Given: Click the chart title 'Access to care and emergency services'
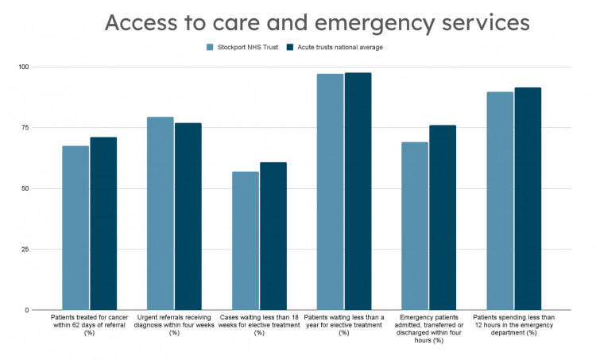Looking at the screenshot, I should pos(317,22).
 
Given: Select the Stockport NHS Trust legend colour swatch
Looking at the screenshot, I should pos(211,48).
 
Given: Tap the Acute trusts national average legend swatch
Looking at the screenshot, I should pos(291,48).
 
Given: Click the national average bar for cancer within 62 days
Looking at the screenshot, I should pos(103,223).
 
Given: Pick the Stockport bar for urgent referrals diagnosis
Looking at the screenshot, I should pos(161,214).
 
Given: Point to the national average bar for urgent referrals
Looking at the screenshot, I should pos(188,216).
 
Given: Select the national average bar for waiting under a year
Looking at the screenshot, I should pos(358,192).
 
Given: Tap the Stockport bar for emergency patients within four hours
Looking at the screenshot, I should pos(415,226).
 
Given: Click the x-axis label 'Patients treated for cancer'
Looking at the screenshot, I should pos(89,325).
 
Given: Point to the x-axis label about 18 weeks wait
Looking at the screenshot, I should pos(259,325).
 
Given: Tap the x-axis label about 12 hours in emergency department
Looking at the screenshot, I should pos(513,325).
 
